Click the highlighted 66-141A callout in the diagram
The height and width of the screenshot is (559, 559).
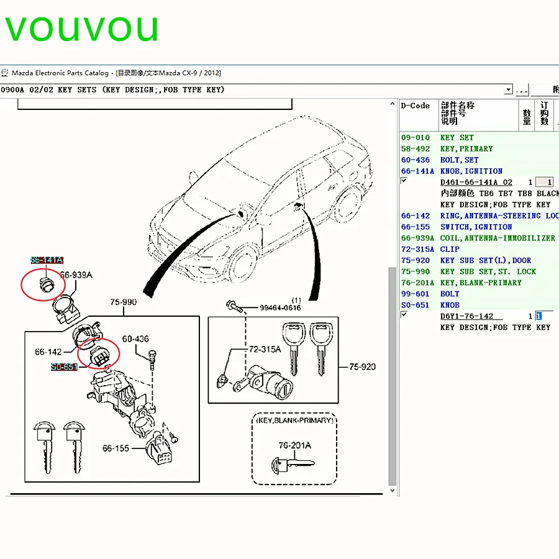[x=47, y=260]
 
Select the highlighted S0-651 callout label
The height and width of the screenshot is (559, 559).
[x=64, y=367]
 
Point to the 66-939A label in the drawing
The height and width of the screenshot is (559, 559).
[x=76, y=275]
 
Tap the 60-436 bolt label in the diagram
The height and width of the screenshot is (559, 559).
[x=135, y=339]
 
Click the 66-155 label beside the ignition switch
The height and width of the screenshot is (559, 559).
[x=116, y=448]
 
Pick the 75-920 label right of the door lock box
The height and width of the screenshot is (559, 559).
[x=362, y=366]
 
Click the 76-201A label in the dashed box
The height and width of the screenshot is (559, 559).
[x=295, y=445]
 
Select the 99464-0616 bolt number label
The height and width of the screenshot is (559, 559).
[x=280, y=307]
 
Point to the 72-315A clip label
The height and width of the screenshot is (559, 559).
[x=265, y=349]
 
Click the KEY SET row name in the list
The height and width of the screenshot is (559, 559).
[x=457, y=138]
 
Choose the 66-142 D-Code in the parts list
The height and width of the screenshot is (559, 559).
[x=416, y=216]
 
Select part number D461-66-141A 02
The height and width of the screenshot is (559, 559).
[x=476, y=182]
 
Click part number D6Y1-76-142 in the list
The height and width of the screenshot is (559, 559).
[x=466, y=316]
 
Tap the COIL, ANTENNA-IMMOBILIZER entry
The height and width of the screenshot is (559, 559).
[x=498, y=238]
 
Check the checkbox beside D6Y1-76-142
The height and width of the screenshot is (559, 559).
[x=404, y=314]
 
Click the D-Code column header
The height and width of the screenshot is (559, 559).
[x=415, y=106]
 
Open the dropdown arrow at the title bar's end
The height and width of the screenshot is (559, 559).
[x=508, y=89]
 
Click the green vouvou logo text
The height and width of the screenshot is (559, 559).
[x=81, y=29]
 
